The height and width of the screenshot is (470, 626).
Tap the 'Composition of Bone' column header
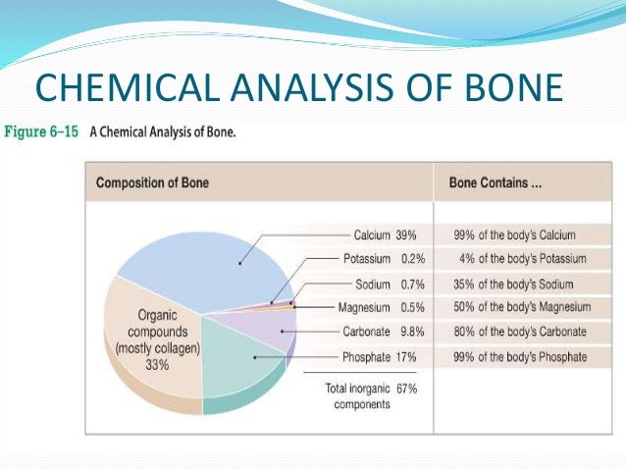tap(151, 183)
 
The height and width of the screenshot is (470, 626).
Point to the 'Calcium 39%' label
tap(385, 235)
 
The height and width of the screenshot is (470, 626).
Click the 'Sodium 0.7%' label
tap(387, 284)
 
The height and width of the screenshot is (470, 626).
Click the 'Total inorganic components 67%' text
tap(372, 395)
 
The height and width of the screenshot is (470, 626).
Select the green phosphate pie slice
tap(235, 358)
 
